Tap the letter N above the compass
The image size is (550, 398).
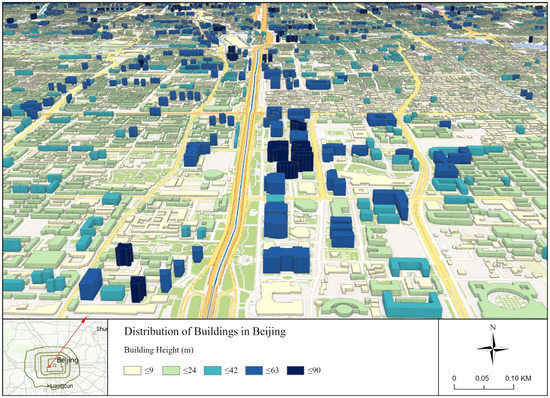click(493, 327)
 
